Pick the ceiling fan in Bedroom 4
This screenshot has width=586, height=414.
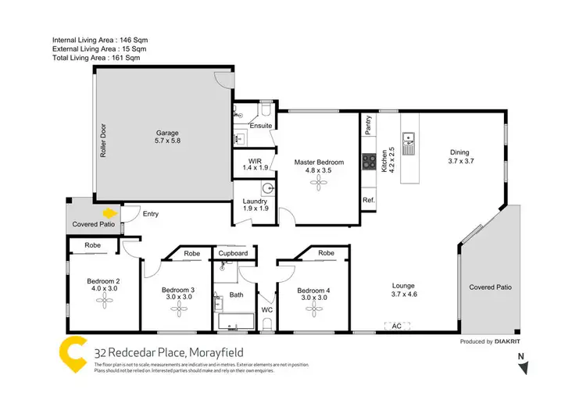(x=313, y=309)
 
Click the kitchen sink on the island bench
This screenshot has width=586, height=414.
(x=409, y=144)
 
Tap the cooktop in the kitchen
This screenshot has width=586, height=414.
(x=368, y=162)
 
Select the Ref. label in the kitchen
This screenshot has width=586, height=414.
(x=368, y=201)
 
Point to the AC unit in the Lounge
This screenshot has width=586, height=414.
(x=396, y=326)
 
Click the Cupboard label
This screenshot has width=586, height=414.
(x=233, y=254)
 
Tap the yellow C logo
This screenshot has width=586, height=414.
(x=73, y=355)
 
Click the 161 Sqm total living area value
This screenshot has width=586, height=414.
(x=130, y=57)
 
